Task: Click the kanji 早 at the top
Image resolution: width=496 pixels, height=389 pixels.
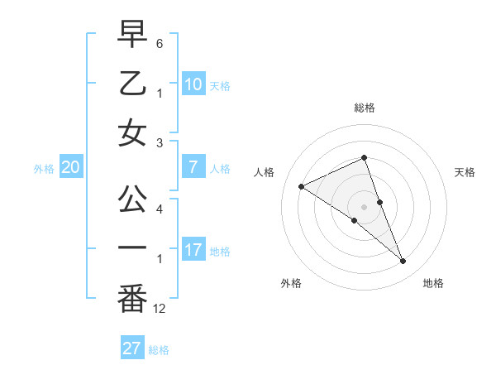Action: coord(132,35)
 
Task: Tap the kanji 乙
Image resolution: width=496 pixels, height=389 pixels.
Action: coord(132,84)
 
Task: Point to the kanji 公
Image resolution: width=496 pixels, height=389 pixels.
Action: coord(132,199)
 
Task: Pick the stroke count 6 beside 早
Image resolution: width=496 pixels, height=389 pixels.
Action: coord(159,42)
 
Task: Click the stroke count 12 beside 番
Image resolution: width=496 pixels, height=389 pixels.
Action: coord(160,308)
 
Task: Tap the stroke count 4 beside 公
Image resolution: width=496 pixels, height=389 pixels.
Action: coord(159,209)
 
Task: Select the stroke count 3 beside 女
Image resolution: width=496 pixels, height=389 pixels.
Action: coord(159,142)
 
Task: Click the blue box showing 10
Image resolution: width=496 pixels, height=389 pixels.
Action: coord(193,84)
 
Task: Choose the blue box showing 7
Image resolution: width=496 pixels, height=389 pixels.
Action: coord(193,168)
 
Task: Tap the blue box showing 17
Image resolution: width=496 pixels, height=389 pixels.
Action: coord(193,251)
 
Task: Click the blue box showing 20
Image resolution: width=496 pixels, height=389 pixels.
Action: coord(70,168)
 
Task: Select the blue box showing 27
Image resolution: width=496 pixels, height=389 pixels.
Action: coord(132,348)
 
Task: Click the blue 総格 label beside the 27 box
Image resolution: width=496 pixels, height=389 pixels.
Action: coord(159,350)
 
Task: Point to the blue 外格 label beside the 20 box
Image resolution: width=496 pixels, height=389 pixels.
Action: coord(44,169)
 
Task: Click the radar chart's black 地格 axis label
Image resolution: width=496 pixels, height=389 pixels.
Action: coord(433,283)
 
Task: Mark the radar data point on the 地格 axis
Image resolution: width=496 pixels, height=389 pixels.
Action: coord(403,262)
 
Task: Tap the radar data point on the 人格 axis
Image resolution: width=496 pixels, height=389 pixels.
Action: coord(301,186)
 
